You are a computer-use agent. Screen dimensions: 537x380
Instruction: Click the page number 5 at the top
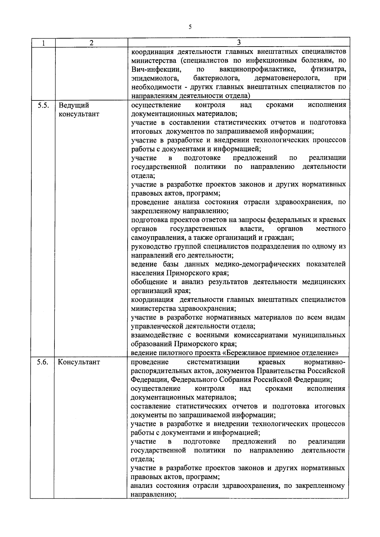190,27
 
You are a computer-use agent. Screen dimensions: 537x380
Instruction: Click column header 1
43,43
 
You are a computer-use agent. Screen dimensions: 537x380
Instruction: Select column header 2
91,43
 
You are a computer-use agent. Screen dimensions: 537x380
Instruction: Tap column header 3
239,42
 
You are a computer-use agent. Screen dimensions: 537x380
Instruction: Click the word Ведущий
73,105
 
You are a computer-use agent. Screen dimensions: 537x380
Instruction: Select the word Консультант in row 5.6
79,362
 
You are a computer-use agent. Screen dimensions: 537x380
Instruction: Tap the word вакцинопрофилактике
257,69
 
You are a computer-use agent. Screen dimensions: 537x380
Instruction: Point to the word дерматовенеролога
287,78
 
